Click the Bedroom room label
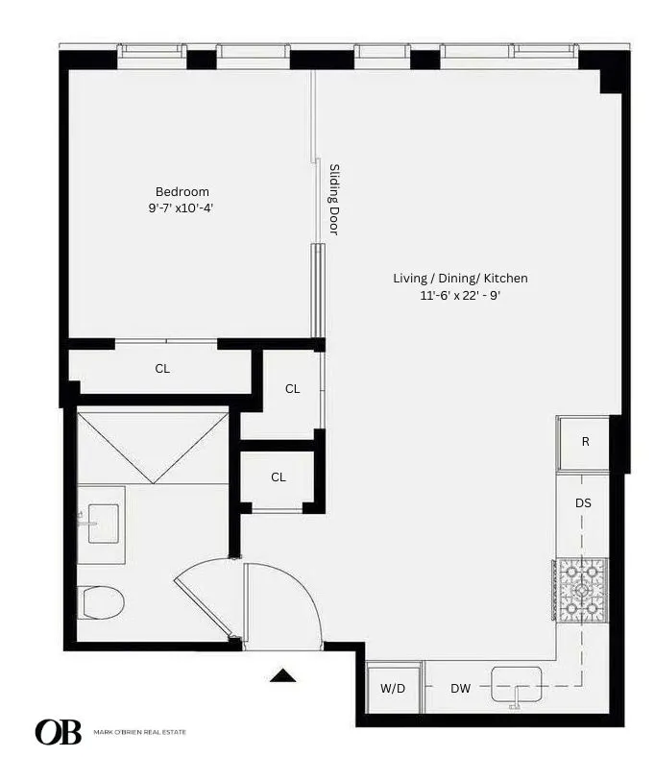(182, 191)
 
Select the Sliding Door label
(335, 199)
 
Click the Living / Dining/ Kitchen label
(460, 279)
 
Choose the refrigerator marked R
(584, 443)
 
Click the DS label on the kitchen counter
(583, 502)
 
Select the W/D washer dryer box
(393, 688)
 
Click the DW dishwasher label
(460, 688)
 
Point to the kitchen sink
(518, 685)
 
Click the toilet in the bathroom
(102, 602)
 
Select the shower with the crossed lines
(152, 446)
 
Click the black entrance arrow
(281, 675)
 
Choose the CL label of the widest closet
(162, 368)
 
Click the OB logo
(58, 732)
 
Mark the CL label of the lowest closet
(278, 477)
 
